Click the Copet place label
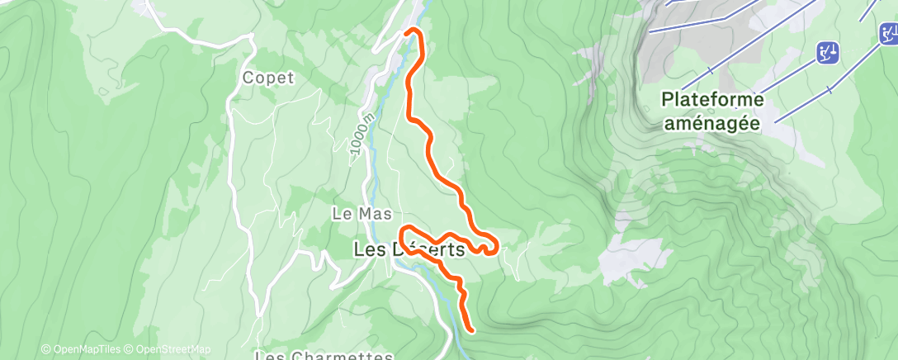click(268, 78)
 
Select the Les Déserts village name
click(409, 249)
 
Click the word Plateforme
click(712, 99)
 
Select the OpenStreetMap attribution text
click(173, 349)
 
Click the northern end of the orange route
click(409, 32)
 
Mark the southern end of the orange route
click(471, 329)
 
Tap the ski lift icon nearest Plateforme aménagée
click(828, 54)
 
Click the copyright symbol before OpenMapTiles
click(45, 349)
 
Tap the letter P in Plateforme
click(667, 99)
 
